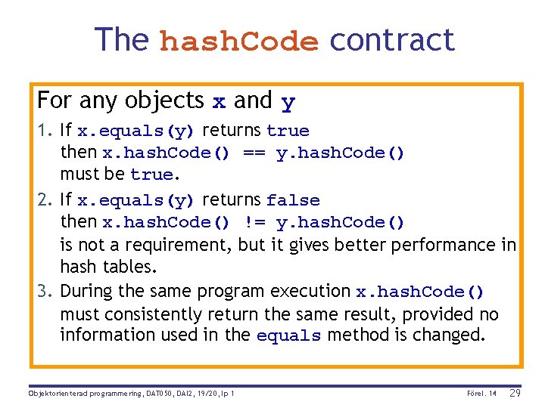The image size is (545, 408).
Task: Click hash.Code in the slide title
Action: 239,41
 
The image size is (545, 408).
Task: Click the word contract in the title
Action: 392,39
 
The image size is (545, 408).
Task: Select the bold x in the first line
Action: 218,101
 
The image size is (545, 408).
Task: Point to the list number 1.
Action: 44,131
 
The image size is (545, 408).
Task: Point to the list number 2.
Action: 44,200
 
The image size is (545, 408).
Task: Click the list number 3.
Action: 44,291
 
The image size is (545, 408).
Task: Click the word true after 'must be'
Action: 151,175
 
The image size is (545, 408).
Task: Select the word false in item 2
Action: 293,200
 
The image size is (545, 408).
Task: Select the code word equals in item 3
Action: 288,336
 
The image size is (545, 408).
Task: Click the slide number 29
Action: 514,393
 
